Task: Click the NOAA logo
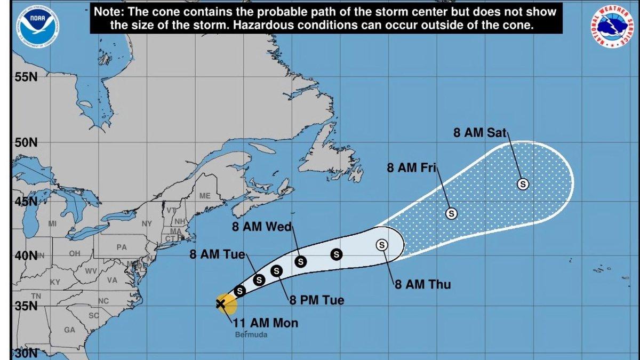[37, 22]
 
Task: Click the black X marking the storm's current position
[220, 304]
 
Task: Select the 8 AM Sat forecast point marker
[523, 184]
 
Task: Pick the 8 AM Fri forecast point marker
[451, 213]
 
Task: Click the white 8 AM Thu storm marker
[382, 245]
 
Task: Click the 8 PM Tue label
[317, 301]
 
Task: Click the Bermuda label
[251, 335]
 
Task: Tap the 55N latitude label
[26, 77]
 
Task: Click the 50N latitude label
[26, 143]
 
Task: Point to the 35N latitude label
[26, 307]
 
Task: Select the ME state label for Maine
[205, 196]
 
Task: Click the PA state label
[122, 247]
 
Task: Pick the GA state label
[69, 330]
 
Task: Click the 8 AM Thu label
[423, 284]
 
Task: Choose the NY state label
[147, 223]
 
